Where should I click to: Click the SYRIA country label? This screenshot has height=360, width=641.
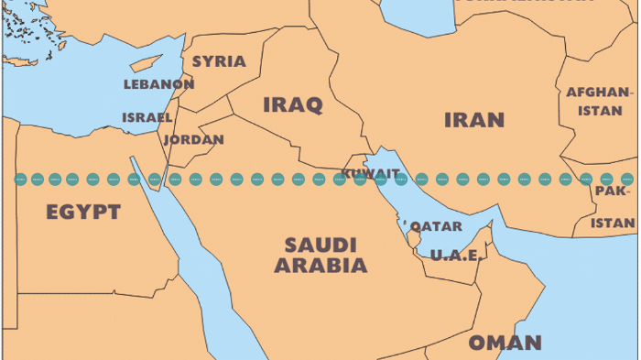coord(219,61)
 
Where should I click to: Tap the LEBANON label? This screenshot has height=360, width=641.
coord(158,84)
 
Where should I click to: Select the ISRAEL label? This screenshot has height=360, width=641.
coord(147,117)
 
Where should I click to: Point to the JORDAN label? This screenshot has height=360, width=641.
coord(193,140)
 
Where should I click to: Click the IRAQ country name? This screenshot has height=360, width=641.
coord(293,105)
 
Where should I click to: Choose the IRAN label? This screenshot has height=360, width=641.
coord(474,120)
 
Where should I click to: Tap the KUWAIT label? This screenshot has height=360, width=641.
coord(370,172)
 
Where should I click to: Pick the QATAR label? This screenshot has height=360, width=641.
coord(436,226)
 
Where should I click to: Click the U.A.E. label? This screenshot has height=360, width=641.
coord(455,255)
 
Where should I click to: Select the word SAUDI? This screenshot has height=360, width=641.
coord(320,245)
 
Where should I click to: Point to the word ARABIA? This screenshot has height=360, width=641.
coord(320,267)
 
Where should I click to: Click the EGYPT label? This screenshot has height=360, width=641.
coord(83,213)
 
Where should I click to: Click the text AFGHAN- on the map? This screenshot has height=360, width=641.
coord(599,93)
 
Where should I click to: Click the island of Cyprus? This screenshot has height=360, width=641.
coord(147,64)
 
